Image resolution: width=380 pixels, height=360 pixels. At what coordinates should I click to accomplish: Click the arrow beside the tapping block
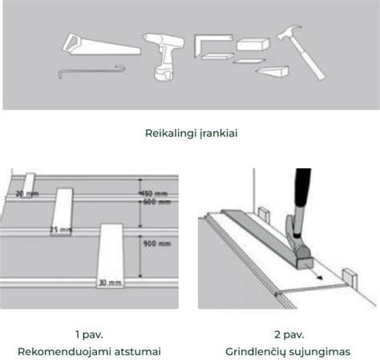point(317,276)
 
